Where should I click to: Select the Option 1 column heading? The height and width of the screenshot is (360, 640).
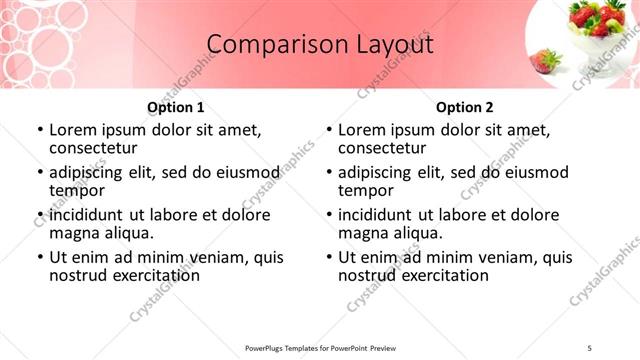coord(176,107)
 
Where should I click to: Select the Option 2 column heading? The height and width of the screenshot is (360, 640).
coord(465,107)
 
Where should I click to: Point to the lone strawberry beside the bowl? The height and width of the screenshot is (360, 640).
coord(546,61)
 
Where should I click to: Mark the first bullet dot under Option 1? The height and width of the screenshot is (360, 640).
coord(39,131)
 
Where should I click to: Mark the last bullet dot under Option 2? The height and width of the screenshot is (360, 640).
coord(328,257)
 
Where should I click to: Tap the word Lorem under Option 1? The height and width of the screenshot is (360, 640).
coord(72,130)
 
